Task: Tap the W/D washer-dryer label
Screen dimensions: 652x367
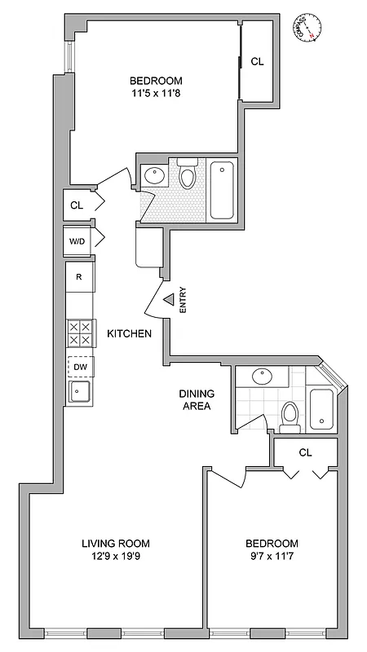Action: (x=77, y=241)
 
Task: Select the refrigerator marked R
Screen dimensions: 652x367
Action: (x=78, y=277)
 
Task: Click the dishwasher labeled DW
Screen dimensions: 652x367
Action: (x=80, y=368)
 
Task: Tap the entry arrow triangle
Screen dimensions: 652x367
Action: (x=167, y=301)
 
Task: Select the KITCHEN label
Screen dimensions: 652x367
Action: (x=130, y=333)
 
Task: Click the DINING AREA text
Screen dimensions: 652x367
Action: (x=196, y=399)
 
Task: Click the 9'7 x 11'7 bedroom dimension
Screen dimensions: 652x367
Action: (x=272, y=557)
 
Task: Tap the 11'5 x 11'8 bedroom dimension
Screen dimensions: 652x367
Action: (x=156, y=95)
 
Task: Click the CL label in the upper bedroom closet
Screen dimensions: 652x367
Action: (x=257, y=61)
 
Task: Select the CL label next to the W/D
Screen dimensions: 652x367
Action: (x=77, y=205)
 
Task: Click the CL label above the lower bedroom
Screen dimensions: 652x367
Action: (x=306, y=452)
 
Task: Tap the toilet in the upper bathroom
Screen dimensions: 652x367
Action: (x=188, y=176)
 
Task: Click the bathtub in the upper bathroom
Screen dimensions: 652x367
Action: (x=222, y=191)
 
